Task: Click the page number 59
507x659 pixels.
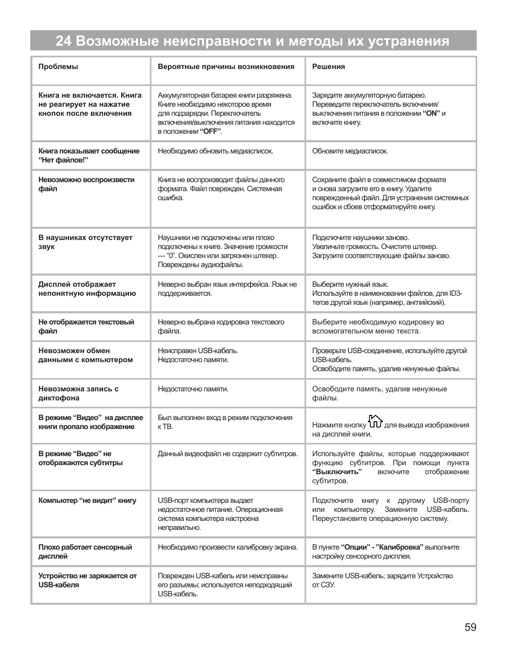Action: coord(470,628)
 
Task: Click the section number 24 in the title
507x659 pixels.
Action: coord(63,41)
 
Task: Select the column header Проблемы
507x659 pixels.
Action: coord(58,67)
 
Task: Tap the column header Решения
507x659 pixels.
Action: coord(328,67)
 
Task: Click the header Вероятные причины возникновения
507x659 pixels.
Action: coord(226,67)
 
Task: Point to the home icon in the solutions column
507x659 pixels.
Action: coord(375,422)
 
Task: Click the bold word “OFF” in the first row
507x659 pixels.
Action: coord(211,132)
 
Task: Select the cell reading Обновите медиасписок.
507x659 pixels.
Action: coord(350,151)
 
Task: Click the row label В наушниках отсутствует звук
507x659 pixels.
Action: coord(85,242)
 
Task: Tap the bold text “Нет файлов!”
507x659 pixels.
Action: coord(63,160)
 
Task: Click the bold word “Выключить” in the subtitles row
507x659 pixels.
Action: coord(337,472)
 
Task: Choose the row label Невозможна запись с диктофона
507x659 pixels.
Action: coord(78,393)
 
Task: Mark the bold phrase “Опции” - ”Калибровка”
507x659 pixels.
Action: coord(382,547)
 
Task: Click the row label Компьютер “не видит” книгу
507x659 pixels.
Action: coord(87,501)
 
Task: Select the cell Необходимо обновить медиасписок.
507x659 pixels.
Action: coord(215,151)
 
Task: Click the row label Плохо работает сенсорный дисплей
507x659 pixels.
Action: coord(85,552)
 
